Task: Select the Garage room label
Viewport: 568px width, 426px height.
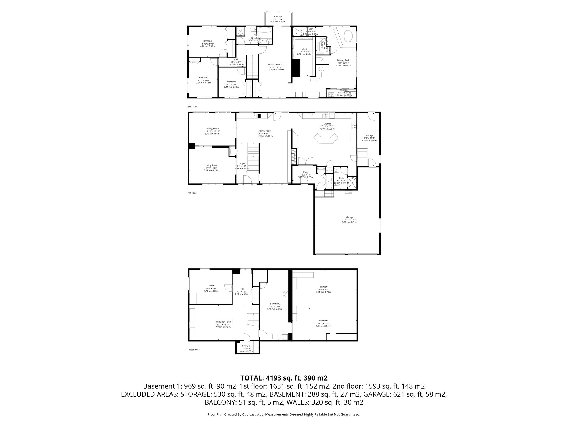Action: (x=349, y=217)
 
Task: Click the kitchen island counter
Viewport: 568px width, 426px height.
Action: (x=326, y=139)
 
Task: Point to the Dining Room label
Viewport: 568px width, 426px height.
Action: (x=212, y=128)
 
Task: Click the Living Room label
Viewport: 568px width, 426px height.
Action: (x=211, y=165)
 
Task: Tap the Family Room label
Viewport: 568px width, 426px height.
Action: (x=265, y=131)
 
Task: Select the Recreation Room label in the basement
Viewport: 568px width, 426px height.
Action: (x=223, y=322)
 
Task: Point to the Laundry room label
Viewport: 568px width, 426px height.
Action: (x=344, y=90)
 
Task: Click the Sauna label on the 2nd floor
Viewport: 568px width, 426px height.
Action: (x=322, y=44)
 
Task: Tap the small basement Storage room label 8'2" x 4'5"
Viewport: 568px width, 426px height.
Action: (x=246, y=346)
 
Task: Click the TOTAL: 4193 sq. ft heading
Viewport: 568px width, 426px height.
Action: (x=284, y=378)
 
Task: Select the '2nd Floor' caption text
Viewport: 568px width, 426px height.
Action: (x=192, y=106)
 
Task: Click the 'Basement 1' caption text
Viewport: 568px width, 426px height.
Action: (x=194, y=349)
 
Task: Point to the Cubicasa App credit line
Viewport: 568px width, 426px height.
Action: (x=284, y=414)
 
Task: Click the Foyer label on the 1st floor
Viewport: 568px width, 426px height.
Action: (x=242, y=163)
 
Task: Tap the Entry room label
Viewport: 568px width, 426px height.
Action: (x=306, y=172)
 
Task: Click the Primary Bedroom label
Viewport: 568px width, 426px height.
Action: (x=277, y=64)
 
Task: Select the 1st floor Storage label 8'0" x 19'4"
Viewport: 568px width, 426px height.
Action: (x=369, y=136)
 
